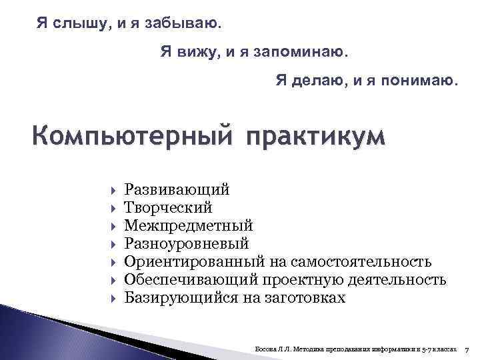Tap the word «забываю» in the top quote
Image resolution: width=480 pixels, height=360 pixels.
coord(186,25)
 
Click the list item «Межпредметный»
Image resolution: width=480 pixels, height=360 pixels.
coord(189,225)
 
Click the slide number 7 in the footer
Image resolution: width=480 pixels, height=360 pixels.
coord(467,349)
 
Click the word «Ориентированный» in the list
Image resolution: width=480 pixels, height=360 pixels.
coord(195,261)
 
